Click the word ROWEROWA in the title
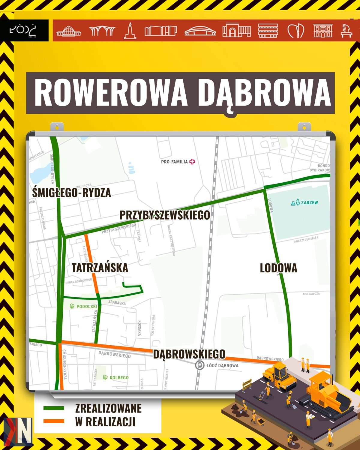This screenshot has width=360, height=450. (111, 93)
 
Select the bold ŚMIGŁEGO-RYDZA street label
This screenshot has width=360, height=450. (71, 193)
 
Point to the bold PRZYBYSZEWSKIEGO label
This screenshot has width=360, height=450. (165, 215)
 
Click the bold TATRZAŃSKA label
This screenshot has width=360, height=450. (100, 268)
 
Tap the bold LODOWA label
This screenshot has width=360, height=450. (278, 268)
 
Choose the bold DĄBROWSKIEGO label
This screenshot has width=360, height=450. (189, 354)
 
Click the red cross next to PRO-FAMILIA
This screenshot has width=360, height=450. (192, 162)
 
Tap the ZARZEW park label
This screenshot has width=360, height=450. (304, 202)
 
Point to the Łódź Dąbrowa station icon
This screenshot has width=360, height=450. (199, 365)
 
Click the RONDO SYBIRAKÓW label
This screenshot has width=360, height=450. (320, 168)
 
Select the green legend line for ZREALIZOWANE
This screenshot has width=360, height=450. (54, 408)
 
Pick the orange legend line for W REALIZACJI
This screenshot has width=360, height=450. (54, 421)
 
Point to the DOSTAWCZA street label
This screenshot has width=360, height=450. (311, 294)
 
